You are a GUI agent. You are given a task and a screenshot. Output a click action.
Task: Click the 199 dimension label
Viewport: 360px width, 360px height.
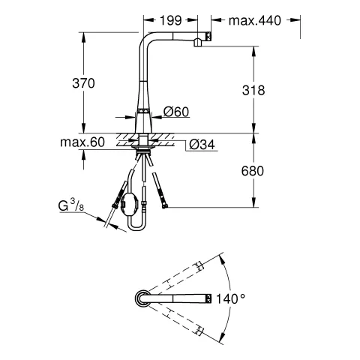pyautogui.click(x=170, y=20)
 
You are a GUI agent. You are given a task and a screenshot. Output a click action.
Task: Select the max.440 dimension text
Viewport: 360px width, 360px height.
pyautogui.click(x=255, y=20)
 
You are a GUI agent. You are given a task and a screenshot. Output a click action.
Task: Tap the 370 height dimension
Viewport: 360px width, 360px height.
pyautogui.click(x=83, y=83)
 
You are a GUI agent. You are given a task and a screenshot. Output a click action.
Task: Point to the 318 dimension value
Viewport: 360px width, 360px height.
pyautogui.click(x=253, y=90)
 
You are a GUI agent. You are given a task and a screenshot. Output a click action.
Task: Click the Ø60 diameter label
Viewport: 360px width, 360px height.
pyautogui.click(x=176, y=112)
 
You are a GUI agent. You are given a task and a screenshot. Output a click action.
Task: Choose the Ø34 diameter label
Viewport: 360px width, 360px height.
pyautogui.click(x=202, y=145)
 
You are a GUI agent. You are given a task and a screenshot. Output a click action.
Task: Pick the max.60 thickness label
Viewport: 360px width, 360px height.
pyautogui.click(x=82, y=142)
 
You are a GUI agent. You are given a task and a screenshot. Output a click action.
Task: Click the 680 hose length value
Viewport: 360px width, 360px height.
pyautogui.click(x=253, y=171)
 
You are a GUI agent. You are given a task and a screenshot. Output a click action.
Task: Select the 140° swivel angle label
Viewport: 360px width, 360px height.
pyautogui.click(x=230, y=298)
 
